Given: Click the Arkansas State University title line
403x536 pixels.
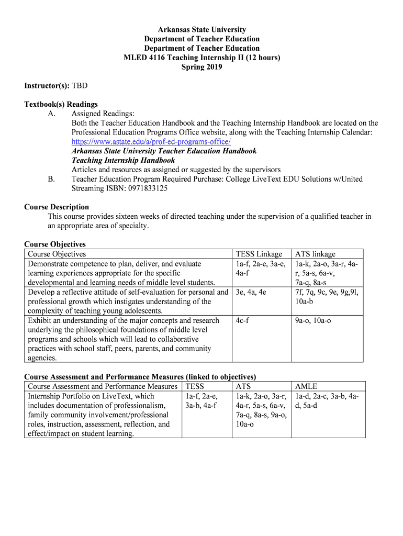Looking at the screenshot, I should point(201,30).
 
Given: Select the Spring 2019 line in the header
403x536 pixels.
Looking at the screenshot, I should point(201,67).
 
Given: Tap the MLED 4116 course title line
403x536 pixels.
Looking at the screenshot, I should point(201,58).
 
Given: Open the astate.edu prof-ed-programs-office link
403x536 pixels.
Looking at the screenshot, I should point(151,142).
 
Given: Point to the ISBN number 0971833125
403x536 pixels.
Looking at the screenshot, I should point(144,188).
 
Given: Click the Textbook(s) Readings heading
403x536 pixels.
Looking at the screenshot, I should point(61,104).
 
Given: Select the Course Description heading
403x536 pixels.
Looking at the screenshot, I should point(57,207).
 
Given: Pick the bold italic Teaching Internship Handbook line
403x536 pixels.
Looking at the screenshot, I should point(123,161).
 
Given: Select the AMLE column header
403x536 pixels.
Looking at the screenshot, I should point(306,387).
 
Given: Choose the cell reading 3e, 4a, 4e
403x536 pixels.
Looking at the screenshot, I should point(251,292).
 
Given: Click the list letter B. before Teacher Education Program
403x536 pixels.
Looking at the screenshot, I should point(51,179).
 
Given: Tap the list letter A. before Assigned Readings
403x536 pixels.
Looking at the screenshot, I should point(51,114).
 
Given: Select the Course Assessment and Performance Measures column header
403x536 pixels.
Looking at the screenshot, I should point(103,387).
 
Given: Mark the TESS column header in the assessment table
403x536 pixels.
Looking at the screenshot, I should point(194,387).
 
